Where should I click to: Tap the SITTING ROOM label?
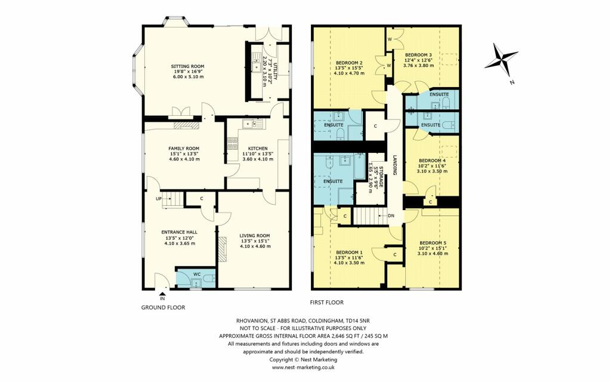pos(187,67)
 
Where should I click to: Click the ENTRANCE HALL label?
pos(179,232)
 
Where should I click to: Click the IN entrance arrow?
pos(163,294)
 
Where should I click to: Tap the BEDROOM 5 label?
pos(433,243)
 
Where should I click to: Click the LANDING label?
pos(394,166)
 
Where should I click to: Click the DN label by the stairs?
pos(391,215)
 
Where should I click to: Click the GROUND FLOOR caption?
pos(163,308)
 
